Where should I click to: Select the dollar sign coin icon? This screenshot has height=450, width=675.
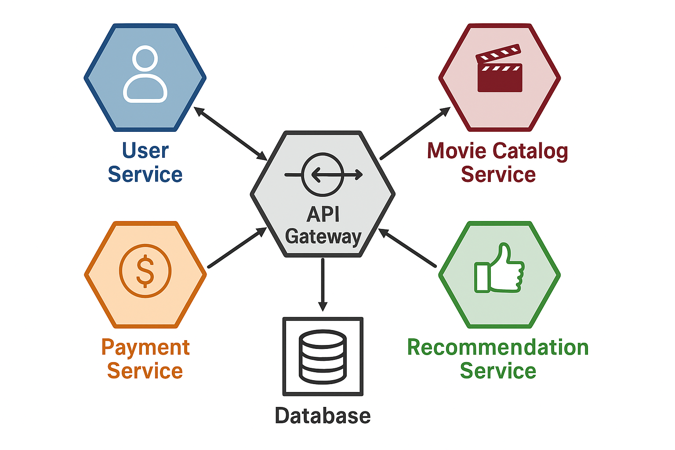(x=145, y=271)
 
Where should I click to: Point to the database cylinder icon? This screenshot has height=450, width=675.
(x=323, y=356)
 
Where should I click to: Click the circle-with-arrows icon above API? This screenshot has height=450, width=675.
(x=323, y=174)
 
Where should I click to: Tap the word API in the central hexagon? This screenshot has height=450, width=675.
(x=323, y=214)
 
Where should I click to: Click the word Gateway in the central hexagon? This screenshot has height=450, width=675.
(x=323, y=236)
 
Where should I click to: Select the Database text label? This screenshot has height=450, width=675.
(x=323, y=416)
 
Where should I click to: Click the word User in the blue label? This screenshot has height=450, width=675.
(x=145, y=151)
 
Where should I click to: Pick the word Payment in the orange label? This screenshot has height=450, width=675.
(x=145, y=348)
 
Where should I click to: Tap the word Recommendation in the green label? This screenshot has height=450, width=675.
(x=497, y=348)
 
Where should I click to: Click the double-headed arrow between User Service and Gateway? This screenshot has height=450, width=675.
(x=231, y=134)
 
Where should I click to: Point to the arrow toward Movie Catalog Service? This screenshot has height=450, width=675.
(x=415, y=133)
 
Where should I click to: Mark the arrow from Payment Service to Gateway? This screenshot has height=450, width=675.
(x=237, y=247)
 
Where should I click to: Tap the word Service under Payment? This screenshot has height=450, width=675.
(x=145, y=371)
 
